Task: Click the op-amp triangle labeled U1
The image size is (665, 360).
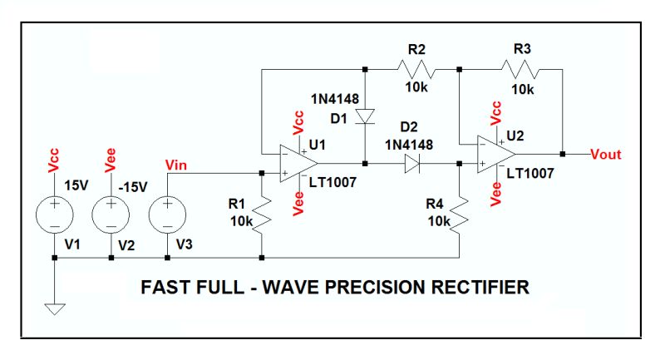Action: (292, 162)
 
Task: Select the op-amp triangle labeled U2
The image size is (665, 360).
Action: (495, 154)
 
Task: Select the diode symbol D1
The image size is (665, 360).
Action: (364, 116)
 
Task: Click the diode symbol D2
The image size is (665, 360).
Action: (411, 164)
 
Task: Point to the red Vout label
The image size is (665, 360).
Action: (605, 154)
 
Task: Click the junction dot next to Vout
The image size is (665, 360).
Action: (563, 154)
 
